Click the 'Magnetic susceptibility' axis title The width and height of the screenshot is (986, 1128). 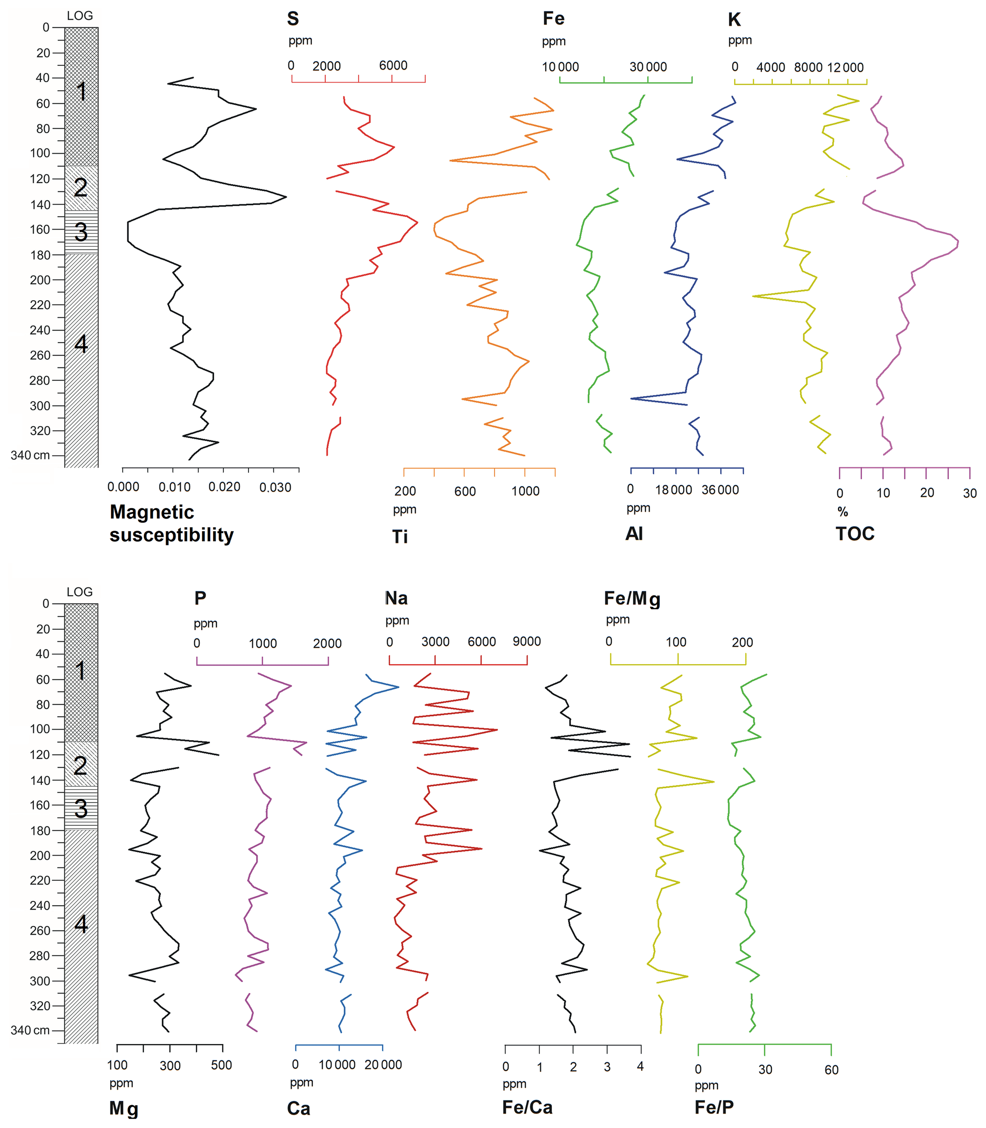(171, 523)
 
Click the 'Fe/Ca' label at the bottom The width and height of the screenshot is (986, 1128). (527, 1107)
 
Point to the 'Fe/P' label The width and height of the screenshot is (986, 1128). (714, 1107)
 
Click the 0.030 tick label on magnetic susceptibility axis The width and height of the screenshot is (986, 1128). (275, 487)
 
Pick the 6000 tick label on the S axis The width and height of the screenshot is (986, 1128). (393, 65)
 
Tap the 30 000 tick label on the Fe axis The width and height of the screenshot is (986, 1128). (648, 67)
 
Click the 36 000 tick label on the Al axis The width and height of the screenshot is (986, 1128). (720, 490)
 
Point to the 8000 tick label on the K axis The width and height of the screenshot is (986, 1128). (808, 68)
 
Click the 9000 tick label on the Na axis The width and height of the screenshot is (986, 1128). (527, 642)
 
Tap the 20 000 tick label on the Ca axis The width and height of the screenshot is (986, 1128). (383, 1065)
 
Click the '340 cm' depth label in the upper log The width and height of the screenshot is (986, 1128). (30, 455)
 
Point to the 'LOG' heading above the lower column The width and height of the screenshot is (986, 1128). (80, 592)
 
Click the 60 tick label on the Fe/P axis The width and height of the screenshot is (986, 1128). (831, 1070)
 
